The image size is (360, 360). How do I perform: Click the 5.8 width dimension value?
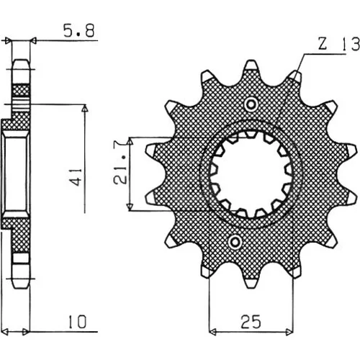coord(79,30)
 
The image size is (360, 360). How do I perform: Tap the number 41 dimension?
coord(77,177)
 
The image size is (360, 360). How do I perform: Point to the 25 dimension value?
coord(251,322)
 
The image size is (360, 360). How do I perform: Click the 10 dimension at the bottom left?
coord(77,322)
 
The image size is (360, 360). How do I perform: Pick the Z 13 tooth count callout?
coord(338,44)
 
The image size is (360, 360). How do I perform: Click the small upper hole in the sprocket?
coord(251,104)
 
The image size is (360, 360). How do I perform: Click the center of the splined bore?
coord(251,174)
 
